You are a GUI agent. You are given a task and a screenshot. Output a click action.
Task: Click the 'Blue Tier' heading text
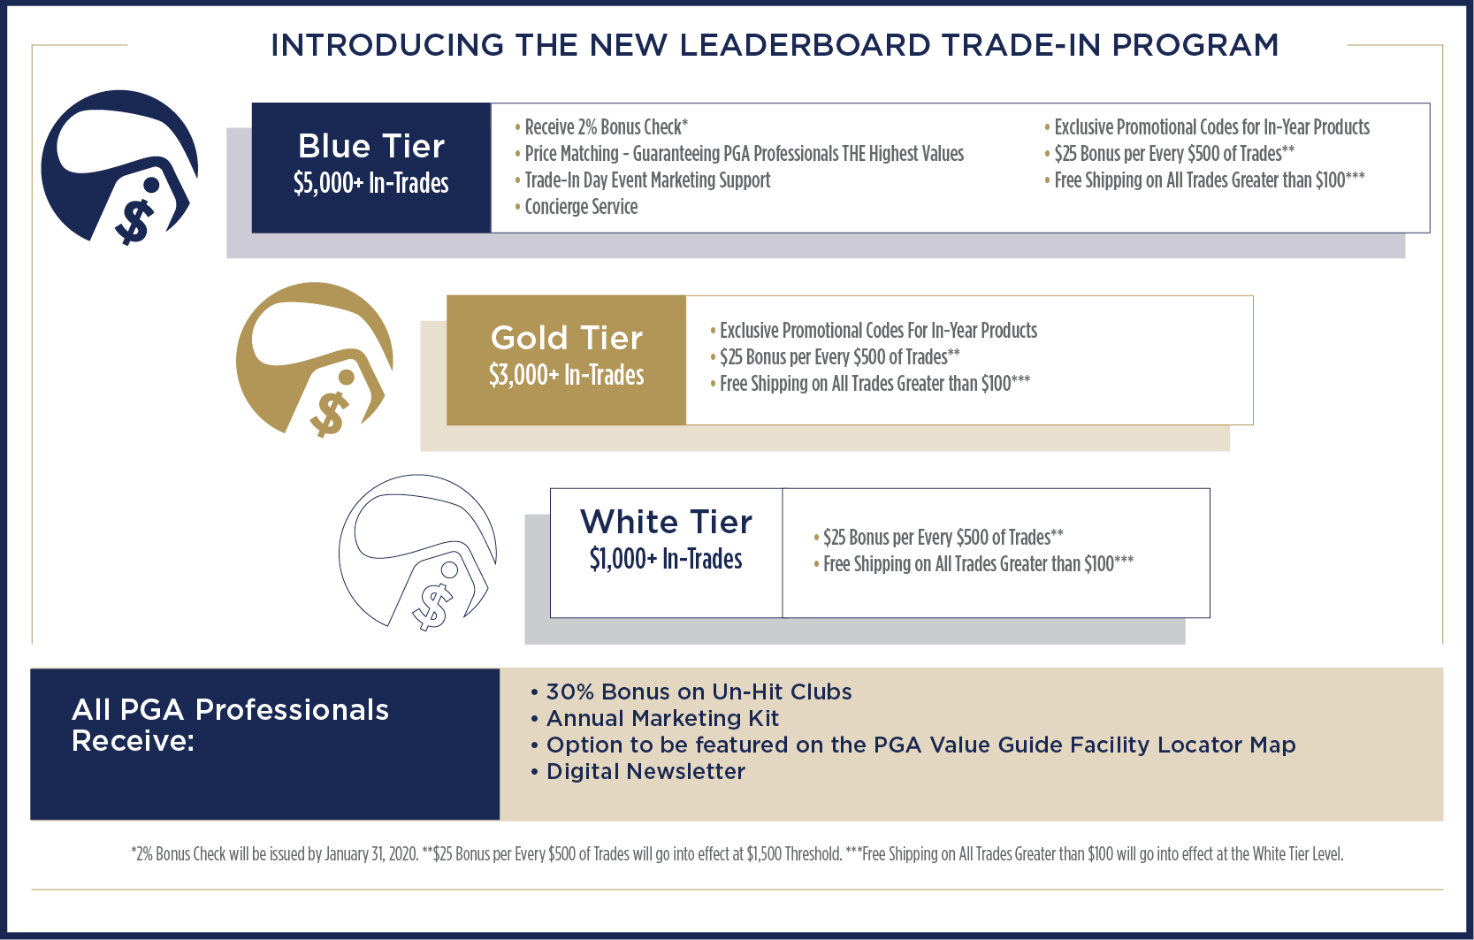371,146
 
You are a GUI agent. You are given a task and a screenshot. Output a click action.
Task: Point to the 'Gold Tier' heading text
566,339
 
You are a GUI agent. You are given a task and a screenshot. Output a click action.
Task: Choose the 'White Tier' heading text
666,522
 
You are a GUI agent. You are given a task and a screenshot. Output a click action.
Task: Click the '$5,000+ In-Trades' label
371,183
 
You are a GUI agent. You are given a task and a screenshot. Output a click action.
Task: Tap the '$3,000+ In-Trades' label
566,375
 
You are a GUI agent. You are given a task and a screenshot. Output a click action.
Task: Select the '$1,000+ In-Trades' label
666,559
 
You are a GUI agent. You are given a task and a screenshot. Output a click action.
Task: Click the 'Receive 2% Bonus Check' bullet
601,127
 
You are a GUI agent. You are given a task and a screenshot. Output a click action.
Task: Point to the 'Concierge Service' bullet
577,207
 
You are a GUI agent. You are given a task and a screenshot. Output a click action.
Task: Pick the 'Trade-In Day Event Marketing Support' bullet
642,180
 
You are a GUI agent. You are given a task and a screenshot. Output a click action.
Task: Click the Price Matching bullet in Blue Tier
739,154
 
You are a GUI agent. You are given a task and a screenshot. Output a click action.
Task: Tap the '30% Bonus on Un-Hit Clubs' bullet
691,692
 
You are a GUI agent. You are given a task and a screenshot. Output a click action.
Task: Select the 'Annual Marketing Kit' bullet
654,718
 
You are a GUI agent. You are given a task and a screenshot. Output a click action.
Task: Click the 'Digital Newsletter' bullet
638,771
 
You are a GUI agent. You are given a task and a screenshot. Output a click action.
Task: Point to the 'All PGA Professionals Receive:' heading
230,725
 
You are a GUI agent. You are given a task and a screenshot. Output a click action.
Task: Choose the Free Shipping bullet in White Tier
974,564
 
